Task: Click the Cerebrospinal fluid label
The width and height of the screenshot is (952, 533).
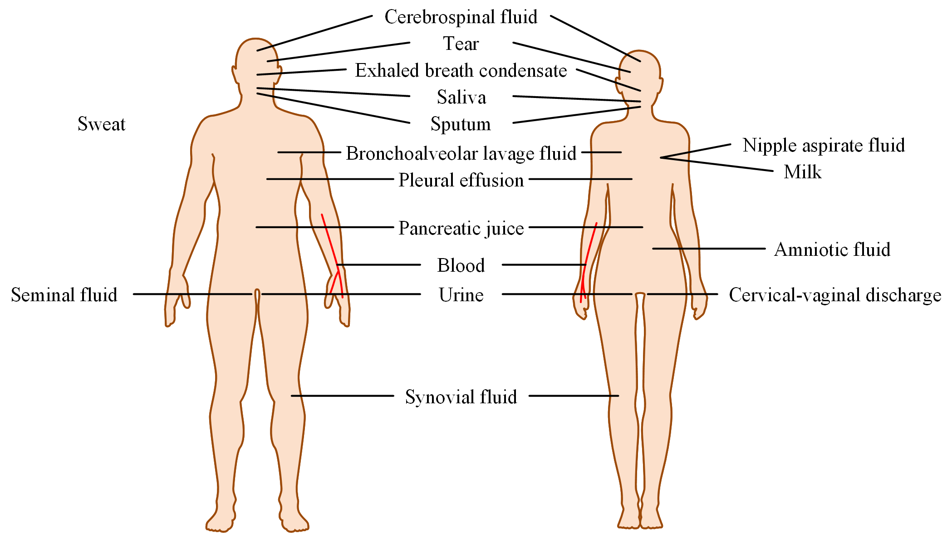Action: click(x=461, y=17)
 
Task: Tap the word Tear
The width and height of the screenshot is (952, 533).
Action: click(x=461, y=44)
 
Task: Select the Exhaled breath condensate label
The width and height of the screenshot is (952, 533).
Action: click(x=461, y=71)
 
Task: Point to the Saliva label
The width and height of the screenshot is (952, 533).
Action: click(x=461, y=98)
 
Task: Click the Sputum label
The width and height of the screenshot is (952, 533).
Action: click(x=461, y=124)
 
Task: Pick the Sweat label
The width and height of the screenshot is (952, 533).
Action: click(x=101, y=124)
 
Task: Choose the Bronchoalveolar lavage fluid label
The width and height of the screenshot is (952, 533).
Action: click(x=461, y=153)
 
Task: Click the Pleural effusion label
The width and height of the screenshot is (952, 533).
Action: click(x=461, y=181)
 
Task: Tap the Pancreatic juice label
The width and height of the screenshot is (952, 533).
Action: click(x=461, y=228)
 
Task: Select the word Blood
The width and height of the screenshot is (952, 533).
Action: click(x=461, y=266)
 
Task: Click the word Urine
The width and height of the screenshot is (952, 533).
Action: click(x=461, y=295)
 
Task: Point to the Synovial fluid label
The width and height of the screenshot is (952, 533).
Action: click(x=461, y=397)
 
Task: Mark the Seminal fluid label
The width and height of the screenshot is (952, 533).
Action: click(x=64, y=295)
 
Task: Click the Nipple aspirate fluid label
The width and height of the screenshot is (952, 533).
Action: click(x=824, y=146)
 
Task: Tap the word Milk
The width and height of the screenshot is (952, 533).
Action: click(x=802, y=172)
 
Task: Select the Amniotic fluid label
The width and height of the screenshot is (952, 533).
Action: click(x=832, y=250)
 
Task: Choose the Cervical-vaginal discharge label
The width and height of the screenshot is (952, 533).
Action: click(x=835, y=295)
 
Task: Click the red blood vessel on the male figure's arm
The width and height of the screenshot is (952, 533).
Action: click(x=330, y=240)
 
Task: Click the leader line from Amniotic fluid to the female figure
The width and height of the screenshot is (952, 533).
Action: click(x=708, y=249)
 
